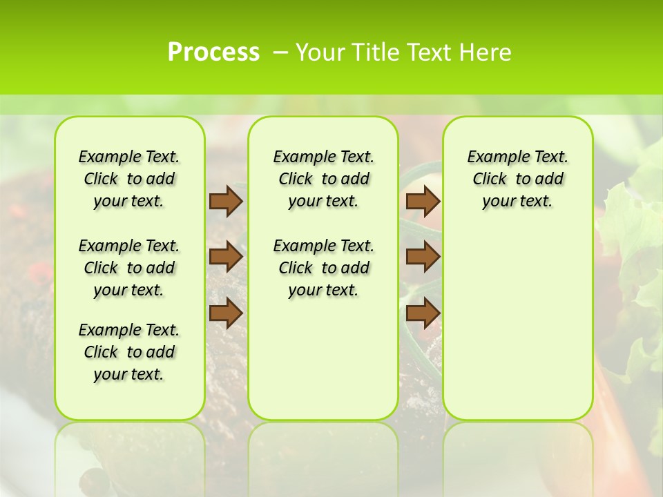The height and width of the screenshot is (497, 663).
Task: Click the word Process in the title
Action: [x=213, y=52]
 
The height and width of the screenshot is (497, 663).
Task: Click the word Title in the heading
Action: [x=373, y=52]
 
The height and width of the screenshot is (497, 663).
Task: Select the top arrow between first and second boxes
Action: [x=226, y=201]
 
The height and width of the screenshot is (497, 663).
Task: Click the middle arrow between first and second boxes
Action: [x=226, y=257]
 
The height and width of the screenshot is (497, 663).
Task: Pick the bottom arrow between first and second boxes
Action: [x=226, y=313]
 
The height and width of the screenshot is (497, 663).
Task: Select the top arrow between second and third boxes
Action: [x=423, y=201]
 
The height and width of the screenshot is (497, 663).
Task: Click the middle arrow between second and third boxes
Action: [x=423, y=257]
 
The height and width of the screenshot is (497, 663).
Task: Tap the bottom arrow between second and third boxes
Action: [x=423, y=313]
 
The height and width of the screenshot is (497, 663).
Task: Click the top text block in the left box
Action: [x=129, y=179]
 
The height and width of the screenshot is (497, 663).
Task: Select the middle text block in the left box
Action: [x=129, y=268]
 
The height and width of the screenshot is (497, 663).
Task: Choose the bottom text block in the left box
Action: [x=129, y=352]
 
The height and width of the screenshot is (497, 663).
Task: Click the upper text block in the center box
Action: [x=323, y=179]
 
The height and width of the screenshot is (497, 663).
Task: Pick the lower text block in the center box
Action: [x=323, y=268]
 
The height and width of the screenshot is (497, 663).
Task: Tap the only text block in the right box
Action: [x=518, y=179]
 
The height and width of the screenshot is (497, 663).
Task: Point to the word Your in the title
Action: [x=321, y=52]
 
